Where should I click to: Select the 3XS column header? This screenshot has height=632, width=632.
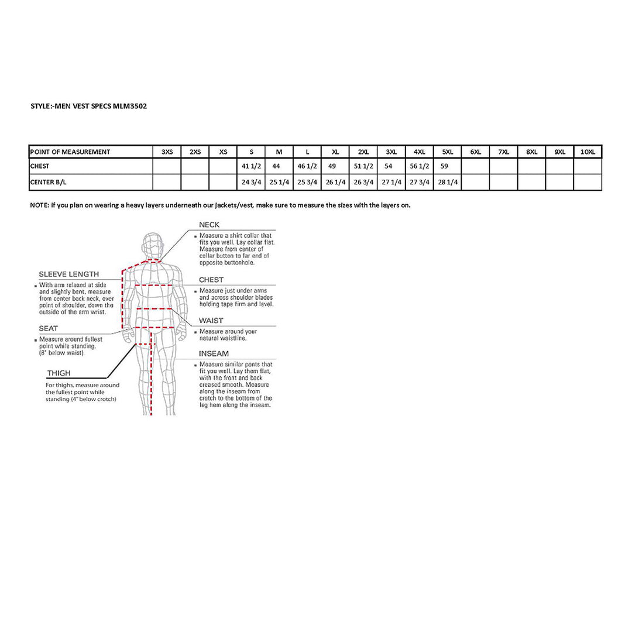[x=167, y=152]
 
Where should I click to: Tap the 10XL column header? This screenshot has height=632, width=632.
[x=588, y=152]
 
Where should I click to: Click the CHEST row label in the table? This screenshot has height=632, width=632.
[x=40, y=166]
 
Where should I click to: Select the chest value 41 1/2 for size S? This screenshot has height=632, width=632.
[x=250, y=166]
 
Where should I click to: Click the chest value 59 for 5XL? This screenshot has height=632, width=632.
[x=444, y=166]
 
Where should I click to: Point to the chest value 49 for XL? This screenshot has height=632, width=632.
[x=332, y=166]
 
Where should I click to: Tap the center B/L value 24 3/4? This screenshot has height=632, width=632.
[x=250, y=182]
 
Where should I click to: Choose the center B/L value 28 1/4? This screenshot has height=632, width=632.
[x=448, y=182]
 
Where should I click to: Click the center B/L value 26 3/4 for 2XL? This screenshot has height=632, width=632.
[x=363, y=182]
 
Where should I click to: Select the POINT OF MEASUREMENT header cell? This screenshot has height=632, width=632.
[x=70, y=152]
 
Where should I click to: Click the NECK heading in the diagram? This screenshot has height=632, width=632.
[x=209, y=225]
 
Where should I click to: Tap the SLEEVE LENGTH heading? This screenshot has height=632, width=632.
[x=68, y=274]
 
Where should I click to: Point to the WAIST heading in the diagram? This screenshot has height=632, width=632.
[x=211, y=321]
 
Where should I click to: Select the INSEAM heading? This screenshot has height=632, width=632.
[x=214, y=353]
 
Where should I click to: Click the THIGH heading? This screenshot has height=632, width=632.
[x=59, y=373]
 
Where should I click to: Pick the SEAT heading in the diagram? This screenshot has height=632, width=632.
[x=48, y=328]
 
